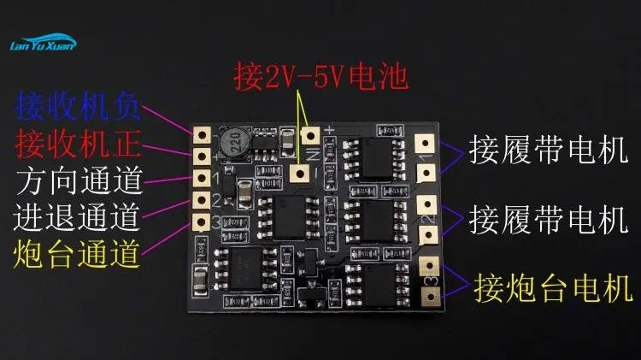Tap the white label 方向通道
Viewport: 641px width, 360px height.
(x=78, y=180)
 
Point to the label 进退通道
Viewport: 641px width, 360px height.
(x=78, y=216)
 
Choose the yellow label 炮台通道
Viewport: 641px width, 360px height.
(x=78, y=253)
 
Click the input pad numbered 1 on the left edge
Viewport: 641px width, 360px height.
(x=203, y=178)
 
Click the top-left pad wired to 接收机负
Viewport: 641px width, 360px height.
(x=203, y=135)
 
